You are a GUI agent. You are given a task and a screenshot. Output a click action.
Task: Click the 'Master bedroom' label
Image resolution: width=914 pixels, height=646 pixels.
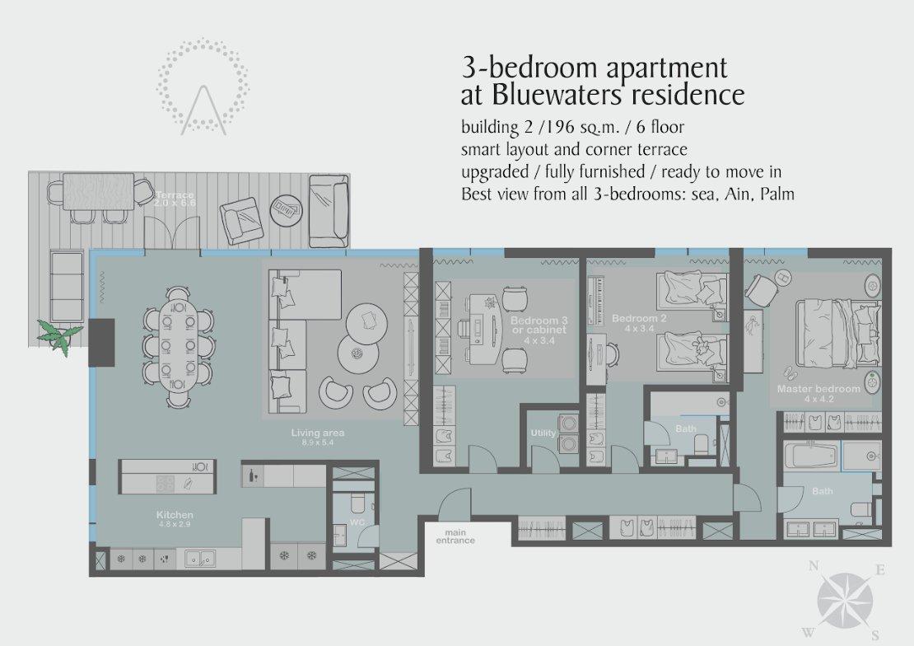[818, 389]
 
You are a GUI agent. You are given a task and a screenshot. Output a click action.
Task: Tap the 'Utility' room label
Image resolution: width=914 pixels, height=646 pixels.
[543, 433]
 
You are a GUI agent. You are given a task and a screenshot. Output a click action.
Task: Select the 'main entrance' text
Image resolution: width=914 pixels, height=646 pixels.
[455, 536]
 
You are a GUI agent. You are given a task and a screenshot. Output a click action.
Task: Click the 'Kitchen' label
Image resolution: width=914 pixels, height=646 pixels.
[175, 515]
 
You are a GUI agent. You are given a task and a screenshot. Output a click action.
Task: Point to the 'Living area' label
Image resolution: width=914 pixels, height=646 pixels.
[318, 433]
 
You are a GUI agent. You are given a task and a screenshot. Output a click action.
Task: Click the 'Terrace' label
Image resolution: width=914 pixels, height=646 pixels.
[175, 195]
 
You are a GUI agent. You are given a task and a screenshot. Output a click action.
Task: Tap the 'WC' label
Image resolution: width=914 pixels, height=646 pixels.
[357, 522]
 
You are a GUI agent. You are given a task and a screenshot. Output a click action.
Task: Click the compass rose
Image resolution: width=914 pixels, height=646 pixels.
[845, 601]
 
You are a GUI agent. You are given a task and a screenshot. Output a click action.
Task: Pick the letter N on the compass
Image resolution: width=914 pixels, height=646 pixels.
[814, 565]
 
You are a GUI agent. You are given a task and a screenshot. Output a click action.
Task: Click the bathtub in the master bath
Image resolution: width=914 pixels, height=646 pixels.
[811, 456]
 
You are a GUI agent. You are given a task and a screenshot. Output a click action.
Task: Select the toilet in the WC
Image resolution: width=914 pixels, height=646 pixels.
[357, 502]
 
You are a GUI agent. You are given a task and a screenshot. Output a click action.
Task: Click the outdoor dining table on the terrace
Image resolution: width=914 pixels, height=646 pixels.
[98, 191]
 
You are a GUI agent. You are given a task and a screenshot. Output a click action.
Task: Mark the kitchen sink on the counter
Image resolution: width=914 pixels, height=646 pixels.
[200, 559]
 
